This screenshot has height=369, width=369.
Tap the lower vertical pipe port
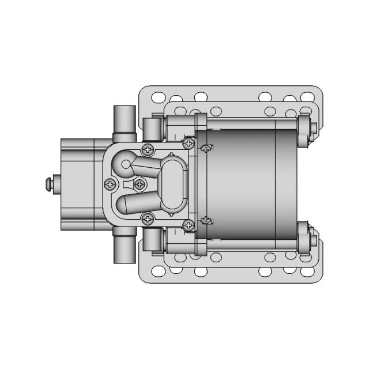point(124,245)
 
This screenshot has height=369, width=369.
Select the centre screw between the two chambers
point(139,184)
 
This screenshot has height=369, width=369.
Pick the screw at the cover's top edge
point(148,149)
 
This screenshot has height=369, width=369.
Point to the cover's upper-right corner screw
point(188,142)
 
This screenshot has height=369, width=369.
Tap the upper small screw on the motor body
point(205,149)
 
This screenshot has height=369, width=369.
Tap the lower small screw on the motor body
point(205,220)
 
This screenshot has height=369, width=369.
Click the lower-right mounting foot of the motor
point(306,239)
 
